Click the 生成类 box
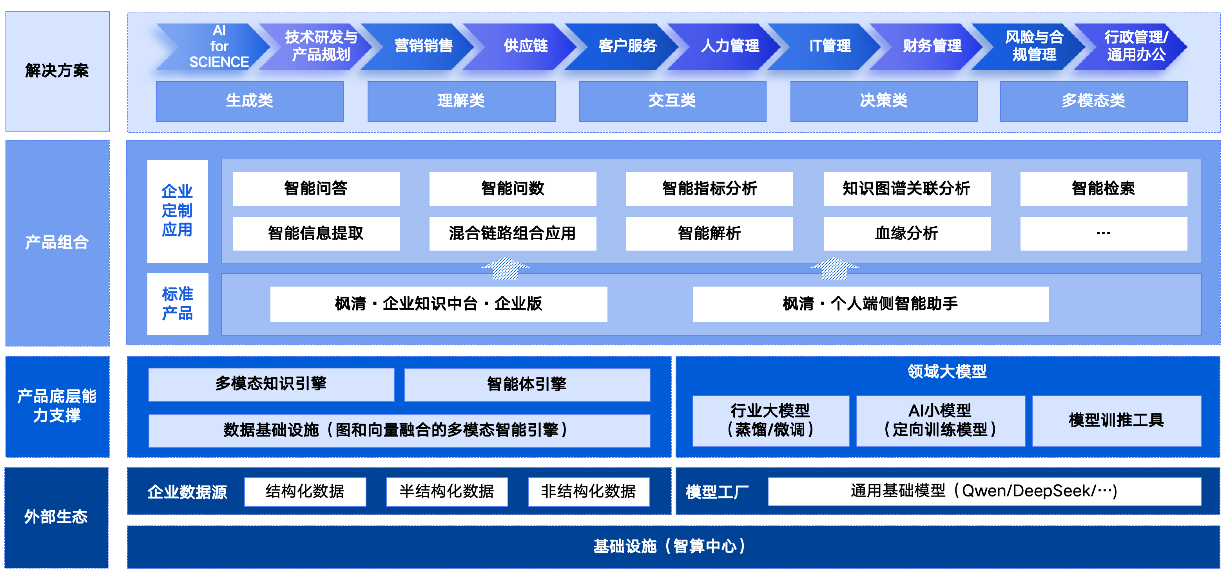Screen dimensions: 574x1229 tap(250, 101)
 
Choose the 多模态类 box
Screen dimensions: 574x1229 tap(1093, 101)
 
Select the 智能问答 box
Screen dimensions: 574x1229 tap(316, 189)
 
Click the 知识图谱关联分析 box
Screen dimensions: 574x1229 tap(906, 189)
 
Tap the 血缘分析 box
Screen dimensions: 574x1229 tap(906, 234)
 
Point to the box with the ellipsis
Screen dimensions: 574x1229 tap(1103, 234)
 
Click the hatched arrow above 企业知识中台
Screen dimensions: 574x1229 tap(505, 269)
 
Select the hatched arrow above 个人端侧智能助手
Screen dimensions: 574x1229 tap(834, 269)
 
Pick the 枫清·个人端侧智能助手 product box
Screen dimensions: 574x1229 tap(870, 304)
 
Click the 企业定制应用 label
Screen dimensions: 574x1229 tap(177, 211)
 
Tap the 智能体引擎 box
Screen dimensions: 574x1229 tap(527, 384)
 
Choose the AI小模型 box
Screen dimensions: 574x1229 tap(940, 421)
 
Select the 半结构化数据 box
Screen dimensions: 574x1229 tap(446, 491)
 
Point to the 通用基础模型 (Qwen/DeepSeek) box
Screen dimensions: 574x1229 tap(984, 491)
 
